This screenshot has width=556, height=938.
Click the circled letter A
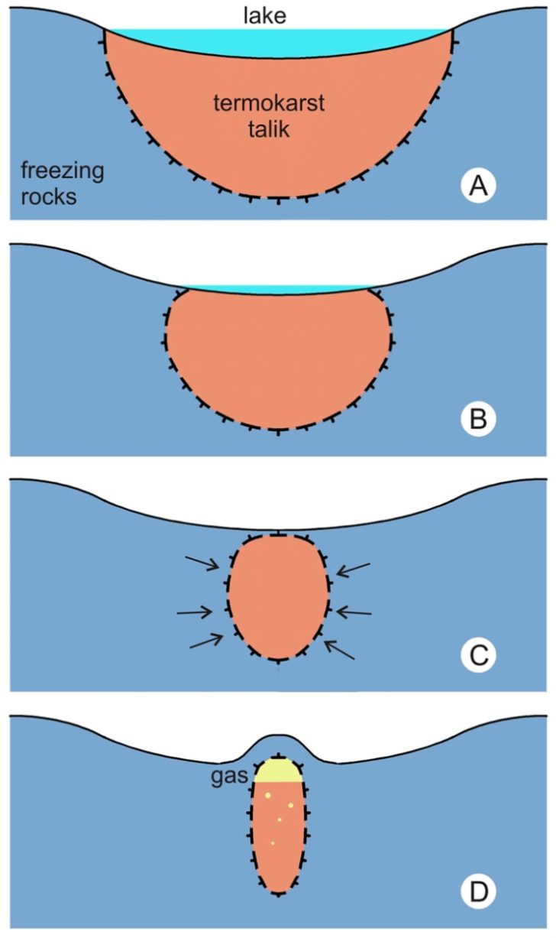click(479, 186)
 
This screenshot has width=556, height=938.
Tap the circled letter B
click(479, 419)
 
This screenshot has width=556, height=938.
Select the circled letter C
click(479, 655)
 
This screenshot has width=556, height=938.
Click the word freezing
click(62, 169)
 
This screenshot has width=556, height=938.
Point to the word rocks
click(50, 196)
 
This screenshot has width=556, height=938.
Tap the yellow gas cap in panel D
click(279, 771)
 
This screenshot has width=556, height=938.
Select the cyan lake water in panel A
click(279, 41)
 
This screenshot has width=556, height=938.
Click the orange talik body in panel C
click(279, 596)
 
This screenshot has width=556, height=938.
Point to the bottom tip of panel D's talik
click(280, 893)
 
